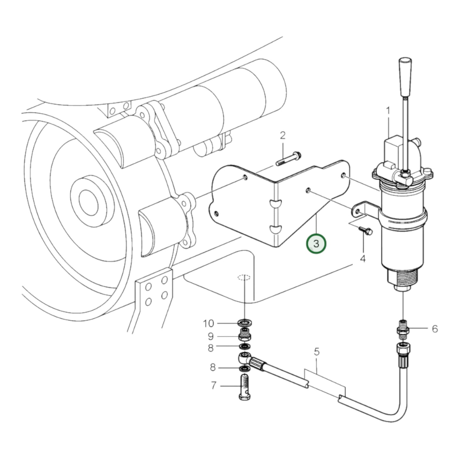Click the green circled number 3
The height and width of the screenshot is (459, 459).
click(x=316, y=244)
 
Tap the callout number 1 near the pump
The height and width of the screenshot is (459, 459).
click(x=388, y=111)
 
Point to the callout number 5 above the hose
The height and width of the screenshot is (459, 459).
click(x=316, y=352)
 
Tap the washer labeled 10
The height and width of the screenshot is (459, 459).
click(x=245, y=324)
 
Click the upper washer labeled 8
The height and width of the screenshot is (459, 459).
click(x=244, y=346)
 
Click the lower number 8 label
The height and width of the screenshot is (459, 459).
click(x=213, y=368)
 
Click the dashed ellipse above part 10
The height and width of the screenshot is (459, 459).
click(x=244, y=277)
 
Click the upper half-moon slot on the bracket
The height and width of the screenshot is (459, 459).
click(x=275, y=203)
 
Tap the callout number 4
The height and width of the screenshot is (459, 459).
click(x=363, y=259)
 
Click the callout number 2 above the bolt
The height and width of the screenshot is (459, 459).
click(x=282, y=136)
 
